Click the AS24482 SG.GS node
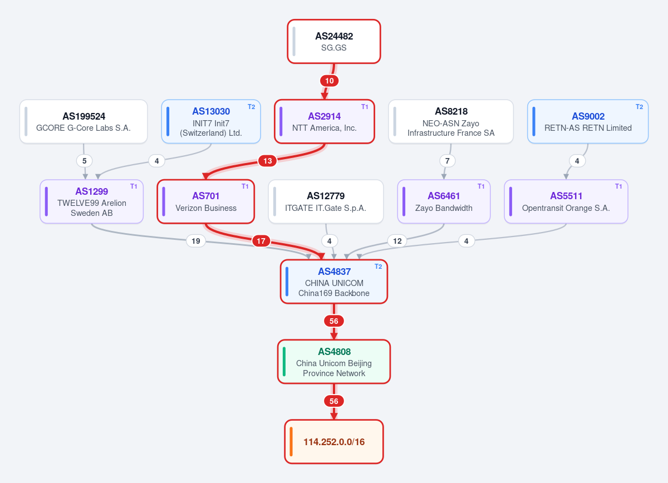[333, 41]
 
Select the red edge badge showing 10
[329, 81]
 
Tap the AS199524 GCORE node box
[83, 122]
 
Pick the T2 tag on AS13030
[252, 107]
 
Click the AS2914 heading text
[324, 116]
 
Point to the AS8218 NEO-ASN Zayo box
[451, 122]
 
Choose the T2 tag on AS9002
[639, 107]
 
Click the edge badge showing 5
[85, 161]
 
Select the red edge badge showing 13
[268, 161]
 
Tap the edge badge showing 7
[448, 161]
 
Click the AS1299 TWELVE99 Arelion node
[91, 201]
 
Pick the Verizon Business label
[206, 208]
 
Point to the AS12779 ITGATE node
[326, 201]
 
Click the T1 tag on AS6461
[481, 186]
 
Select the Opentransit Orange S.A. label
[566, 208]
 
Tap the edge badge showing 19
[195, 241]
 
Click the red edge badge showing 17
[261, 241]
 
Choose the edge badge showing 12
[397, 241]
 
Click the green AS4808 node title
[334, 352]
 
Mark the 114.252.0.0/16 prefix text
[334, 442]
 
